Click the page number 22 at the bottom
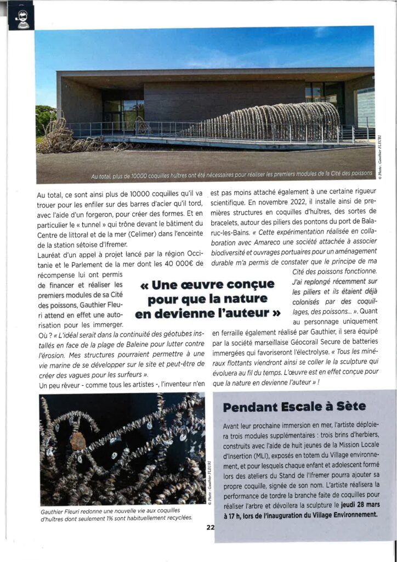click(210, 528)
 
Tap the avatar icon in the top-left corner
click(21, 18)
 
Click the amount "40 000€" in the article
click(177, 263)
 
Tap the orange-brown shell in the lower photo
click(78, 440)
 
